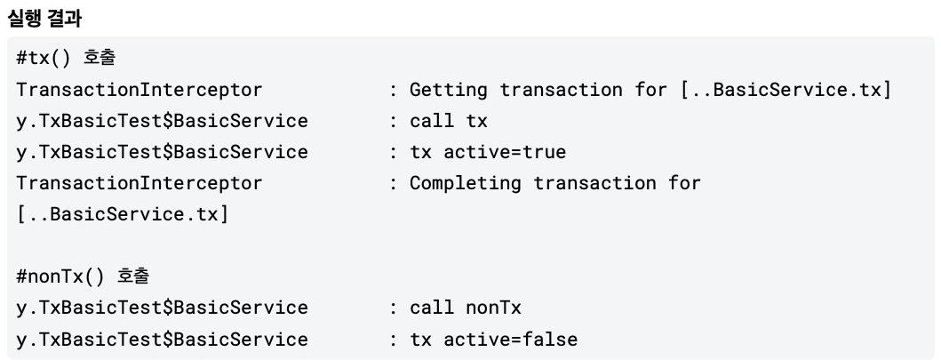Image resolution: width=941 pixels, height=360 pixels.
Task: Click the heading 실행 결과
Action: tap(44, 17)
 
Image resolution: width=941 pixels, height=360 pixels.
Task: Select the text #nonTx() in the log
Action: tap(61, 276)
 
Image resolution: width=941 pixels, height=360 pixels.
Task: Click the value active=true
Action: tap(505, 152)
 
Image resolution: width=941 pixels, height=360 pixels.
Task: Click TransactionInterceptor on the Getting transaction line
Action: tap(140, 90)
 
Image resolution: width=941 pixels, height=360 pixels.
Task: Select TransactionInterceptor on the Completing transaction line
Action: tap(140, 183)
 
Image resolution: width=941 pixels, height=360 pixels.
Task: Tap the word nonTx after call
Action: tap(493, 308)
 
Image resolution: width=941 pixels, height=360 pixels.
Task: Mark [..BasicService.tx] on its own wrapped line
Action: tap(123, 214)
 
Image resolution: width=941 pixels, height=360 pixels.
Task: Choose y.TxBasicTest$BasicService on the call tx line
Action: tap(163, 121)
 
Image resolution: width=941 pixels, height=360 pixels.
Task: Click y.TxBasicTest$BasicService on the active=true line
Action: tap(163, 152)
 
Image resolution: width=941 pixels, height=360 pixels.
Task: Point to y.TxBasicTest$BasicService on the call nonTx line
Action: tap(163, 308)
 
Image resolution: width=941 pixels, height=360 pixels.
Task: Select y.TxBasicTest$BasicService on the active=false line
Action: tap(163, 339)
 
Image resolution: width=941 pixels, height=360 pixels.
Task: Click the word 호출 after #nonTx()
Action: tap(133, 276)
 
